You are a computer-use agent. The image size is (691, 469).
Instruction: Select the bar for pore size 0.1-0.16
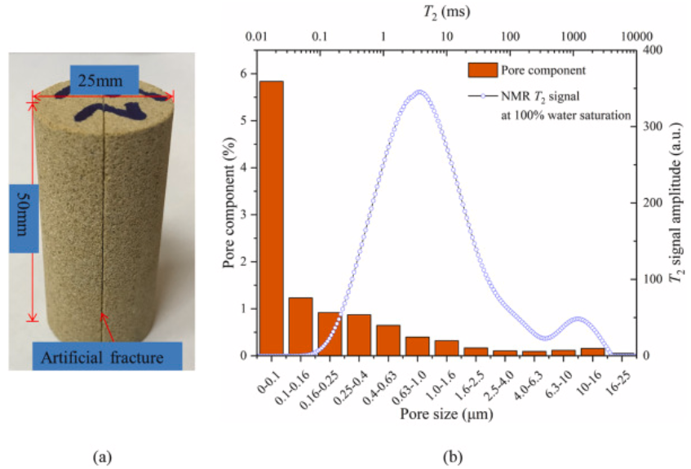301,326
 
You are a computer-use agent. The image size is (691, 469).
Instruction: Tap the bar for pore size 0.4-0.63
388,340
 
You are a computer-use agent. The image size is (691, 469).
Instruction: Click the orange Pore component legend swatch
481,69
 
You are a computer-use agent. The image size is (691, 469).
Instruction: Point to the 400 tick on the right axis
649,51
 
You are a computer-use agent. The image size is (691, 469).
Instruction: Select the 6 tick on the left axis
241,73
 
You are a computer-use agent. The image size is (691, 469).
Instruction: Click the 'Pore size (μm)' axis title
445,414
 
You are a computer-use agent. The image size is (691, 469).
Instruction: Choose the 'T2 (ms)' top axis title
445,12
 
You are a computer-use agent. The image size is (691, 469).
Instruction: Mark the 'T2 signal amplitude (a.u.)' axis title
676,204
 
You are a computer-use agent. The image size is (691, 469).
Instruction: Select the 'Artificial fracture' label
103,356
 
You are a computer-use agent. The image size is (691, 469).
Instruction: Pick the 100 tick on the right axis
649,280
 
